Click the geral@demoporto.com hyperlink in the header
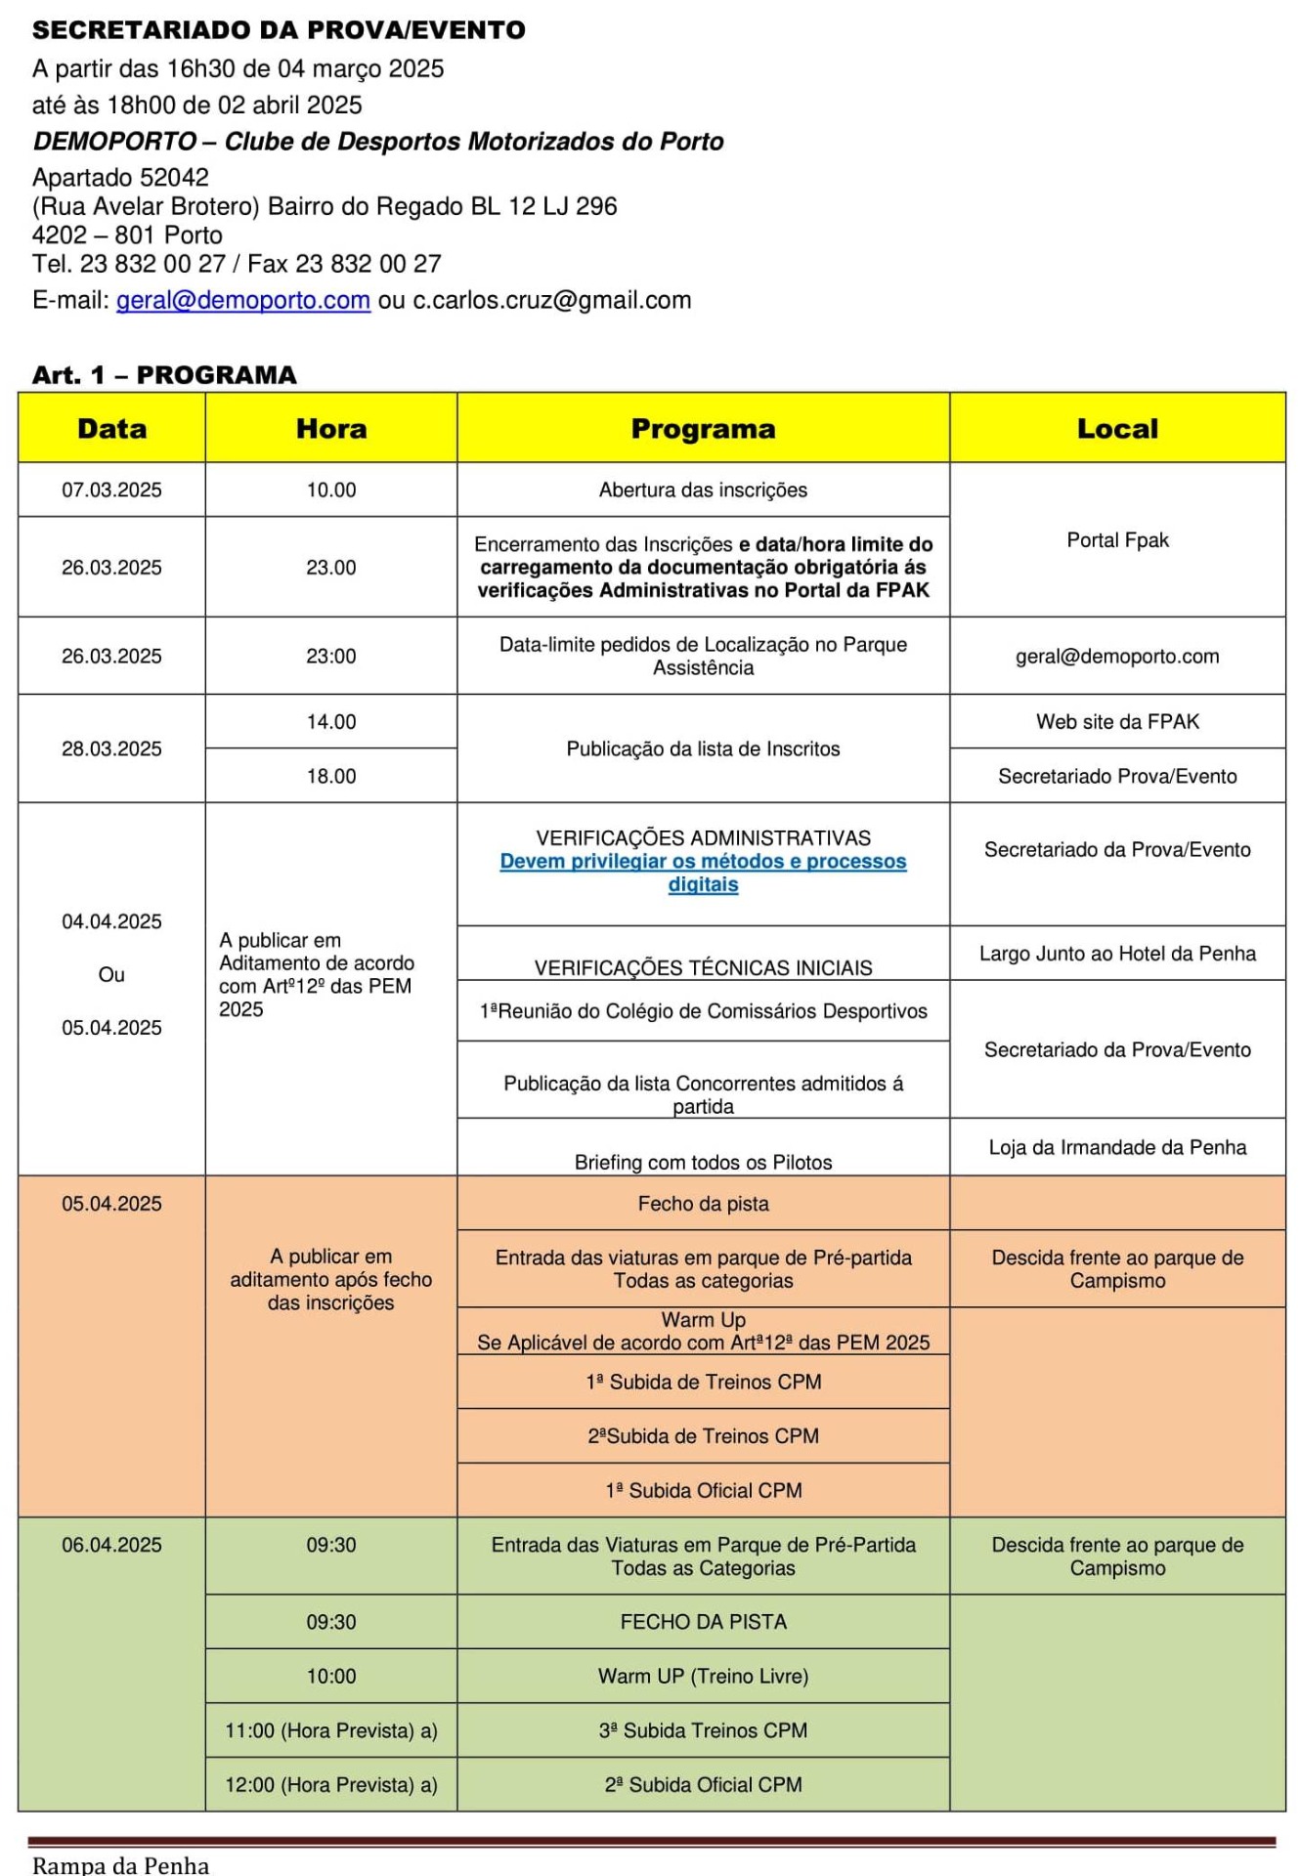click(242, 300)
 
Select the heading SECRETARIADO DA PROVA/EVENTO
click(279, 30)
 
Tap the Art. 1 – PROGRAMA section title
click(164, 375)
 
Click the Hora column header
click(331, 429)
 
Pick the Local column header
click(1117, 429)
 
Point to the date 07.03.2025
click(111, 490)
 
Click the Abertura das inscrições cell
click(703, 490)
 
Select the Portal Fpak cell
click(1117, 540)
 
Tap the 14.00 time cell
click(331, 722)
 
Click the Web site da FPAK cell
click(1117, 722)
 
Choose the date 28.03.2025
click(111, 749)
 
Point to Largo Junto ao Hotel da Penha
click(1117, 954)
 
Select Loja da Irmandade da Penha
click(1117, 1147)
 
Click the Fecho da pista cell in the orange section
click(703, 1204)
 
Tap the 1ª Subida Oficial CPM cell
click(703, 1491)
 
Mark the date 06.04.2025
click(111, 1546)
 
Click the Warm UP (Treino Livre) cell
click(703, 1677)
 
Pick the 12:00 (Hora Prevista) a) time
click(331, 1785)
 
